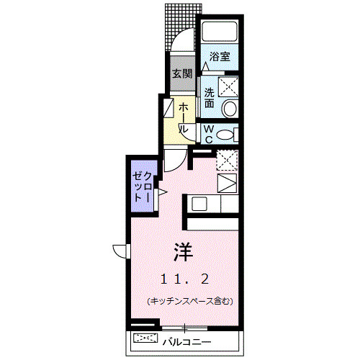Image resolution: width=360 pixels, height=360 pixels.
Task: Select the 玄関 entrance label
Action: pyautogui.click(x=181, y=73)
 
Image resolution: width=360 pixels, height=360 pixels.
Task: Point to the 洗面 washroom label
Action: pyautogui.click(x=208, y=96)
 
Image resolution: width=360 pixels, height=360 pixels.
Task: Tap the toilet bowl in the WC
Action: pyautogui.click(x=225, y=134)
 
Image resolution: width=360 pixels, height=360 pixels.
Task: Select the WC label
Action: pyautogui.click(x=207, y=133)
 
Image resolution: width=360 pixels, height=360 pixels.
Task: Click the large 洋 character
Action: pyautogui.click(x=182, y=252)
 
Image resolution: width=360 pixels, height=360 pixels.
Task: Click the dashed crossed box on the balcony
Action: pyautogui.click(x=144, y=338)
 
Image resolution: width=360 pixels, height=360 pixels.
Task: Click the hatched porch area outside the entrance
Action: pyautogui.click(x=181, y=22)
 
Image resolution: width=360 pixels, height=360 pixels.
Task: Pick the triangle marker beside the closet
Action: pyautogui.click(x=163, y=192)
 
